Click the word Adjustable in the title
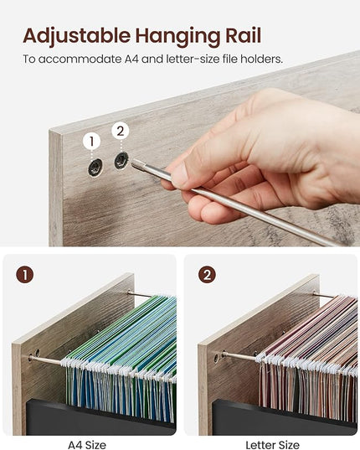click(x=77, y=37)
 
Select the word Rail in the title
click(x=244, y=35)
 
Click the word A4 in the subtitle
click(x=131, y=59)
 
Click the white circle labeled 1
click(x=91, y=142)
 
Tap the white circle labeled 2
click(x=121, y=131)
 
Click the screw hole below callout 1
click(x=95, y=167)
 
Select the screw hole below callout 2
click(x=121, y=161)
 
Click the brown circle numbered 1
click(x=24, y=275)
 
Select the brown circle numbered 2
click(x=207, y=275)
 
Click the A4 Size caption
click(x=87, y=445)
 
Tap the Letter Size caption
click(x=272, y=445)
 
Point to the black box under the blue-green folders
click(x=100, y=417)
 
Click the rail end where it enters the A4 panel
click(x=30, y=358)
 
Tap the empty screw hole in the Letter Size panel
click(x=216, y=358)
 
